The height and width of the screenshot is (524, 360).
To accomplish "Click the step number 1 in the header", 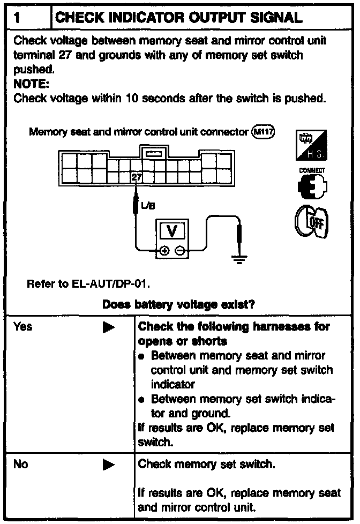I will coord(18,18).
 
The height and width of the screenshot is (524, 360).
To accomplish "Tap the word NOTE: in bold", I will coord(29,84).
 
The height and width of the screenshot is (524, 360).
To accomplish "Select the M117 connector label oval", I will coord(262,132).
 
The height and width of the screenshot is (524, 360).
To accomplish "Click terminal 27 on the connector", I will coord(137,177).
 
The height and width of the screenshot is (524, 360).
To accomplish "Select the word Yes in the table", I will coord(23,326).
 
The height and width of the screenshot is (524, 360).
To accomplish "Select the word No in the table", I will coord(21,464).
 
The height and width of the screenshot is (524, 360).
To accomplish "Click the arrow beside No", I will coord(108,465).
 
